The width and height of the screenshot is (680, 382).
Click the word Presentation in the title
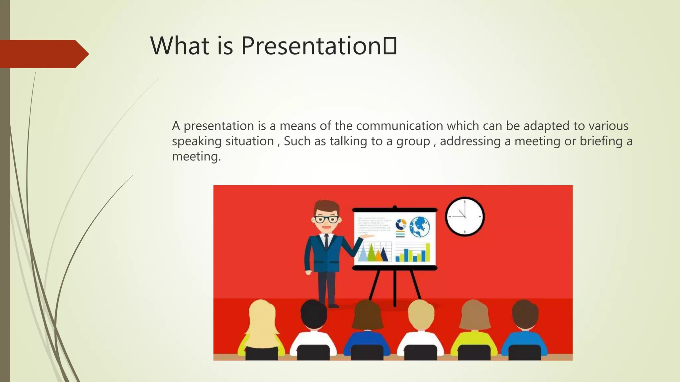pos(310,46)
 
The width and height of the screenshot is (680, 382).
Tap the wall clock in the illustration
pos(465,217)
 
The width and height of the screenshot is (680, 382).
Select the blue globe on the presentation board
pos(420,227)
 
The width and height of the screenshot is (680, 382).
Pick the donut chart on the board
pos(401,224)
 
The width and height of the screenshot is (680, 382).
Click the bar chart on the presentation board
pos(412,253)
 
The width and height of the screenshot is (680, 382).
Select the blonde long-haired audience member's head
pos(262,317)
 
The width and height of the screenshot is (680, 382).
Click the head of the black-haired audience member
pos(313,313)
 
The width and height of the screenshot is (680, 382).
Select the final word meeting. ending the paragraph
pos(196,157)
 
